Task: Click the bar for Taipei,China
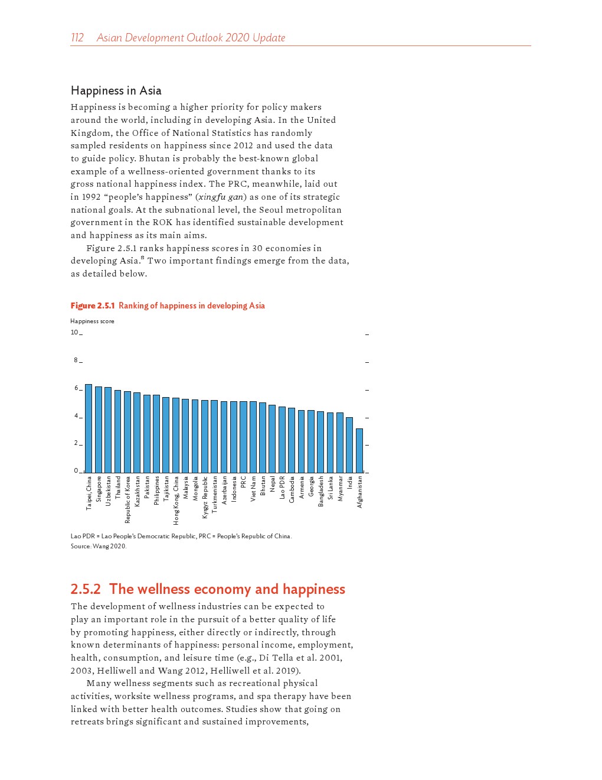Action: (x=89, y=428)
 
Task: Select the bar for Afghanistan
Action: (x=359, y=451)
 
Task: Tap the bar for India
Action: (x=349, y=445)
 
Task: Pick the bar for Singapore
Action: (x=99, y=430)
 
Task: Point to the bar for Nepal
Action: (x=272, y=439)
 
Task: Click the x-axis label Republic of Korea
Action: (x=127, y=500)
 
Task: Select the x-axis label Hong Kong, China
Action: (x=176, y=500)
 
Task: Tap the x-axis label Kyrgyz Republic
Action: (x=205, y=498)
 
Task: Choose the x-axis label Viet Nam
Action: (x=253, y=489)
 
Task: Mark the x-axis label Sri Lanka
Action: (x=331, y=488)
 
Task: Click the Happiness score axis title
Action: (x=92, y=321)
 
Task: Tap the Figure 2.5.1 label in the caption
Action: (x=93, y=305)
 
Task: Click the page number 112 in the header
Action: (x=77, y=38)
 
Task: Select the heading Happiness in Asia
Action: (x=116, y=90)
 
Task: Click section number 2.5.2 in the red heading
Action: (x=86, y=589)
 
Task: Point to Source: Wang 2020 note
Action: (x=99, y=546)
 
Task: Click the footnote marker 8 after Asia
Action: (x=142, y=258)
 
